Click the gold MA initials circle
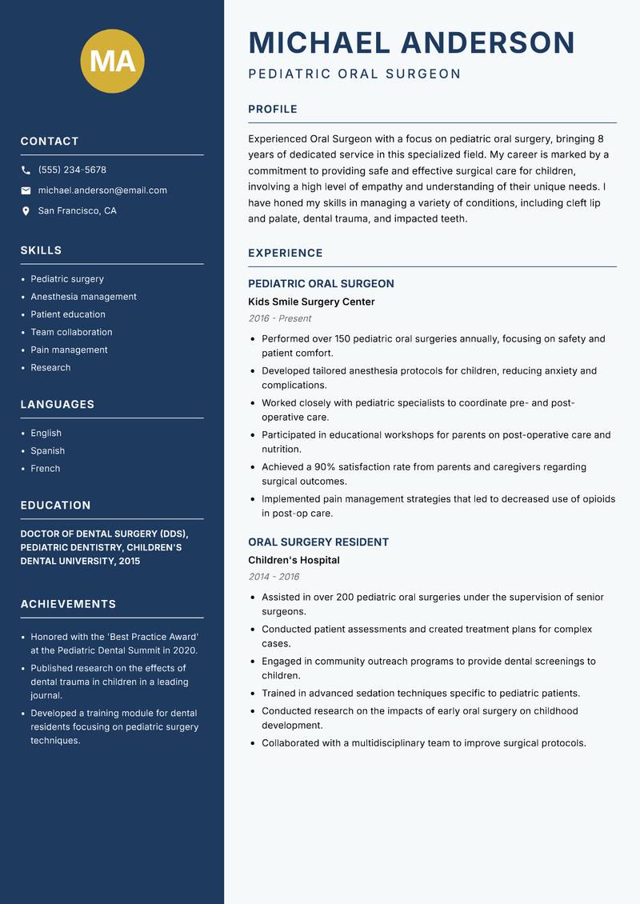(112, 62)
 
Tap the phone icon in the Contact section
(26, 170)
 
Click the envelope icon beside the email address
(26, 190)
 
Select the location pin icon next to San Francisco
(26, 211)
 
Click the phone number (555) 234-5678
(72, 170)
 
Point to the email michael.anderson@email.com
(102, 190)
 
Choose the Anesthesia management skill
(83, 297)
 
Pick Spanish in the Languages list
(48, 451)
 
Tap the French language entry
(46, 469)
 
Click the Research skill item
(50, 368)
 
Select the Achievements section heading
(68, 604)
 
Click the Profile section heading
(273, 110)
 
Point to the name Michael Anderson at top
(412, 42)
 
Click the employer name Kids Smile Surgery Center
(311, 302)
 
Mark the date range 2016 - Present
(279, 318)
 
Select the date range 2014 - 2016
(274, 577)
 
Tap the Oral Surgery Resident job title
(318, 542)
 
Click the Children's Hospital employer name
(294, 561)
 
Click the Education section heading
(55, 506)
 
